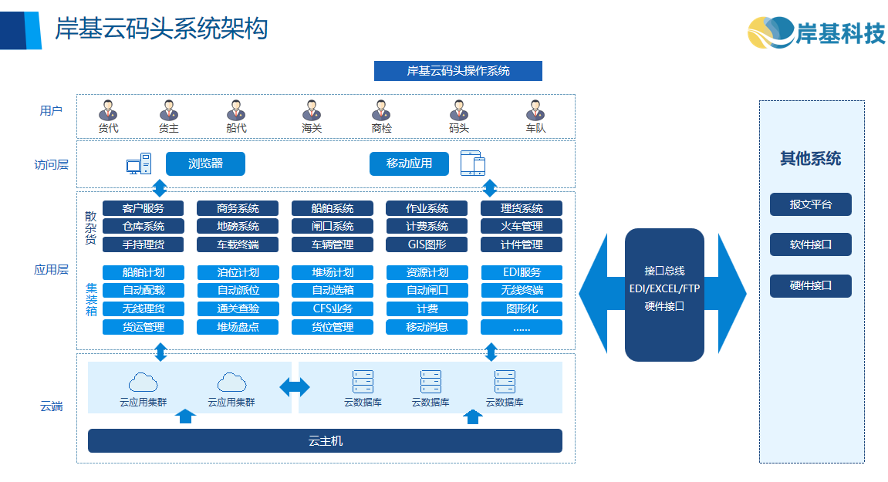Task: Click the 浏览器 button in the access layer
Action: click(x=205, y=163)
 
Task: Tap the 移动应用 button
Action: click(x=409, y=163)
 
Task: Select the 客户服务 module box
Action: click(x=143, y=208)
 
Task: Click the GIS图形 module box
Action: click(x=427, y=244)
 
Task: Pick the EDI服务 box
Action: click(x=522, y=272)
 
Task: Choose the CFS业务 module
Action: click(x=333, y=308)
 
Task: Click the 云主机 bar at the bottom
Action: click(x=325, y=441)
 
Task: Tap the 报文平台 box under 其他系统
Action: click(x=810, y=204)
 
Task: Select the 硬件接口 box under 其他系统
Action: click(x=810, y=285)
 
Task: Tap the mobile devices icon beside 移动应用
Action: click(x=473, y=163)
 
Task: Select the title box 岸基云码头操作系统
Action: click(x=458, y=71)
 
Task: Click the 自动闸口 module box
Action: click(x=427, y=291)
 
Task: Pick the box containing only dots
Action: click(x=522, y=327)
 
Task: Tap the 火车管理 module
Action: click(x=522, y=226)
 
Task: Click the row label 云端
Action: click(x=52, y=406)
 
